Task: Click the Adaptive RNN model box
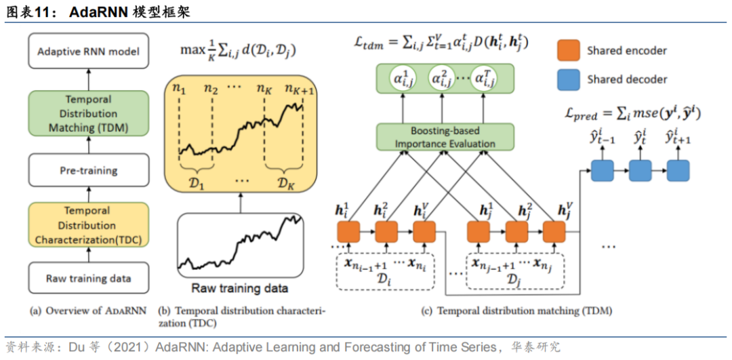[88, 52]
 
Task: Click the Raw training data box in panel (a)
[88, 278]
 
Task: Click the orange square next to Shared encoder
[568, 50]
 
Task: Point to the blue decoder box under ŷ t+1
[677, 170]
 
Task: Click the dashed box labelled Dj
[512, 271]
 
